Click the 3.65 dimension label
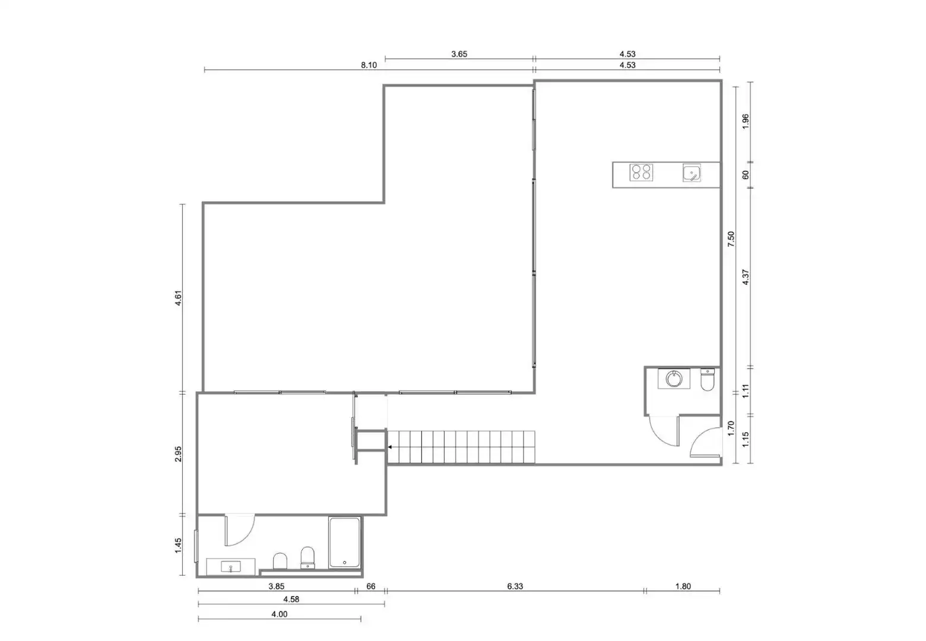[459, 54]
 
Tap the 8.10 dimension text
[369, 65]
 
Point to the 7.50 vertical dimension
[731, 239]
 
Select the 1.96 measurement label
[746, 122]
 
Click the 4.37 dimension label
[746, 277]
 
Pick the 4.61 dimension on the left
[178, 298]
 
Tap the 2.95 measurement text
[178, 454]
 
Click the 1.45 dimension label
[178, 545]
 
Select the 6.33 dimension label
[515, 586]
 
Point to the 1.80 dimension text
[683, 586]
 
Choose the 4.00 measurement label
[280, 614]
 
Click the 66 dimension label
[371, 586]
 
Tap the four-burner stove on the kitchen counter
[641, 172]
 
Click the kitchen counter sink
[692, 173]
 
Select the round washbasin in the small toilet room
[674, 379]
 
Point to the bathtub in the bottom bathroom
[344, 542]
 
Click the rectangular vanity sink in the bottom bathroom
[231, 567]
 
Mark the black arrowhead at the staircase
[390, 447]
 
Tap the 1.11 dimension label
[746, 391]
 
